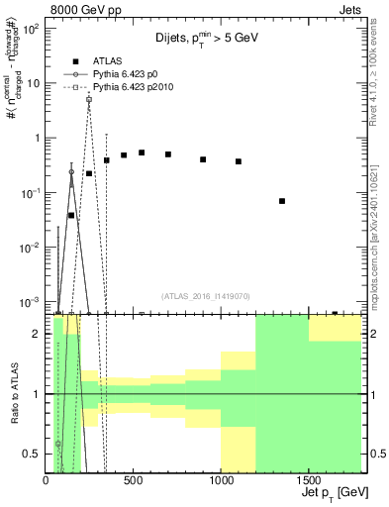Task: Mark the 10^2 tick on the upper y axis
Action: click(33, 29)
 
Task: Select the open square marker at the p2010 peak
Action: click(89, 99)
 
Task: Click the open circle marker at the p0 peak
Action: click(71, 171)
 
